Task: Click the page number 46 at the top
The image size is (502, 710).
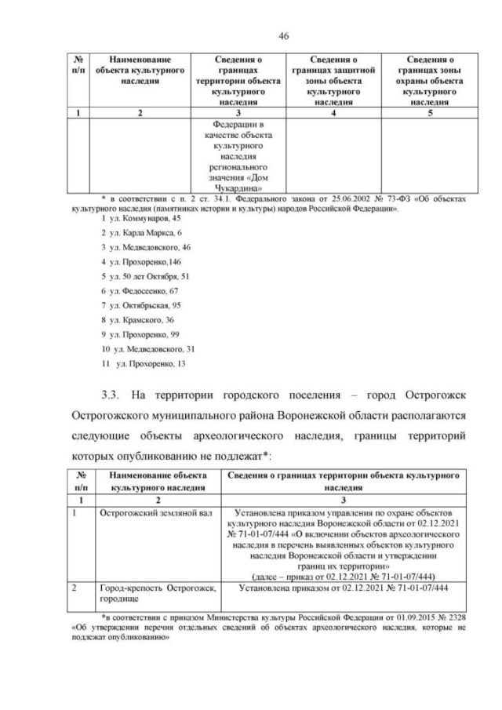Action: tap(251, 35)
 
